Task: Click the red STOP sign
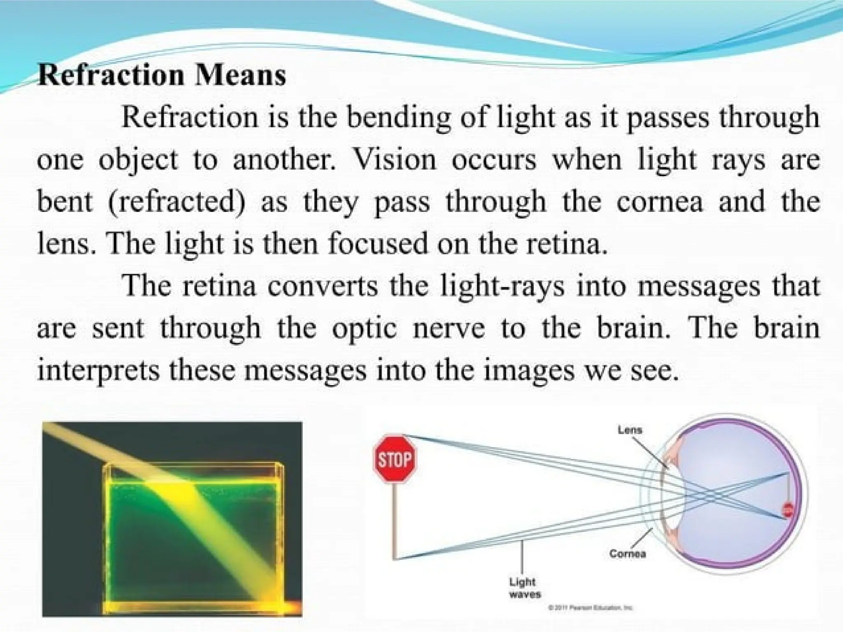[395, 458]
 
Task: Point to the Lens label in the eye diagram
[630, 430]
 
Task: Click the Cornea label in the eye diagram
[628, 554]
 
